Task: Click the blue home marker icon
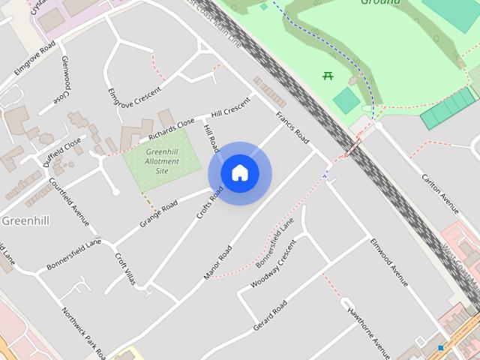point(239,173)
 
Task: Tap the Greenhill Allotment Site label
point(162,161)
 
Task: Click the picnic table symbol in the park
point(328,75)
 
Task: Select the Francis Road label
point(292,127)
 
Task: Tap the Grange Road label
point(158,214)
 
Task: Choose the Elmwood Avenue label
point(388,262)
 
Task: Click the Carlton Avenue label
point(439,193)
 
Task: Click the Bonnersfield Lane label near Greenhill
point(73,255)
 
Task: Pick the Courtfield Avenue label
point(69,201)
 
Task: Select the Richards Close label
point(172,128)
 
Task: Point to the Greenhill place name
point(25,220)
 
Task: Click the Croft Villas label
point(125,268)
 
